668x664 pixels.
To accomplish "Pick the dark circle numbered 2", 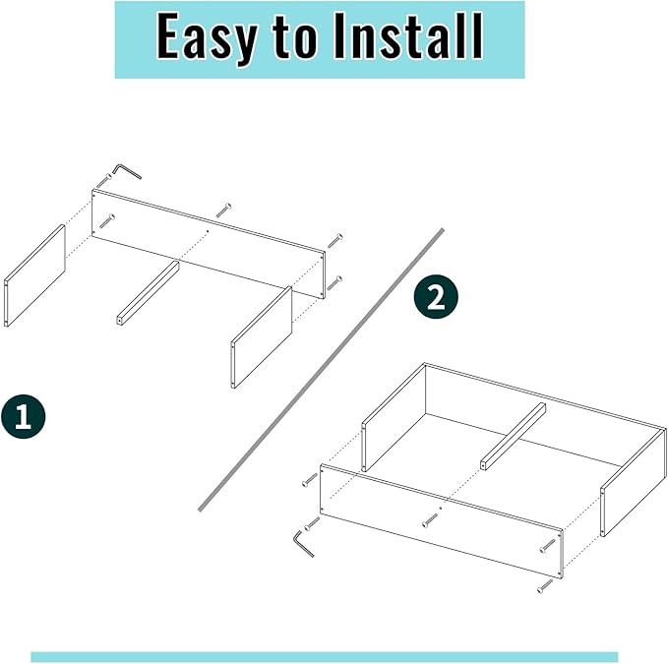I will point(436,297).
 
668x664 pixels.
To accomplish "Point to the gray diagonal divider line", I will point(321,370).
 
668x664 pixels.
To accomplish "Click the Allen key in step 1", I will point(127,171).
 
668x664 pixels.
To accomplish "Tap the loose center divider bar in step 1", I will point(148,292).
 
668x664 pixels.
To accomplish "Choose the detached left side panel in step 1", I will point(34,276).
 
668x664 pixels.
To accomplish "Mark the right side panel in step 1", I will point(263,337).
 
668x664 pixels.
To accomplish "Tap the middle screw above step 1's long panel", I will point(223,210).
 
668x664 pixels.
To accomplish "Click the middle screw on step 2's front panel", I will point(430,519).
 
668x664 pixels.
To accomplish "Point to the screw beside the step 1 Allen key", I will point(103,180).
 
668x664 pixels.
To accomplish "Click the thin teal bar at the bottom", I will point(324,656).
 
